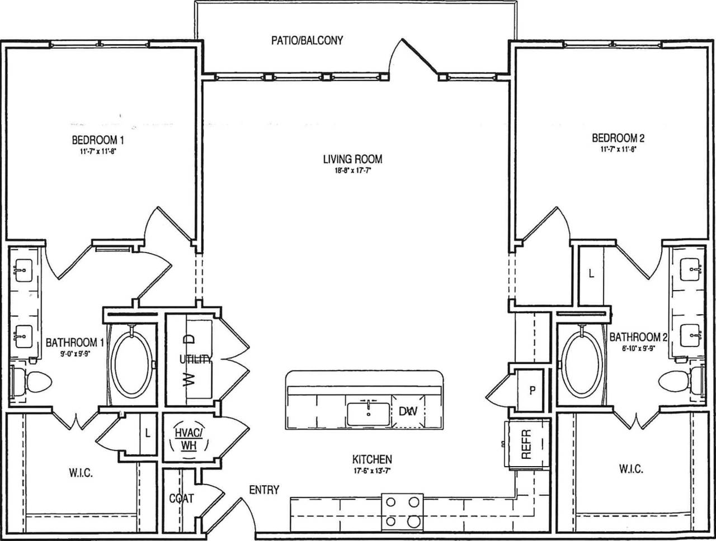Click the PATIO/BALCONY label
click(307, 40)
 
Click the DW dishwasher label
click(408, 412)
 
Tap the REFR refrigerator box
click(525, 444)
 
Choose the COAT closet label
click(182, 498)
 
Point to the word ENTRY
click(264, 490)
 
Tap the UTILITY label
click(195, 359)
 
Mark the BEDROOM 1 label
click(95, 139)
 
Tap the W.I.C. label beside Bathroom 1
click(81, 473)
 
